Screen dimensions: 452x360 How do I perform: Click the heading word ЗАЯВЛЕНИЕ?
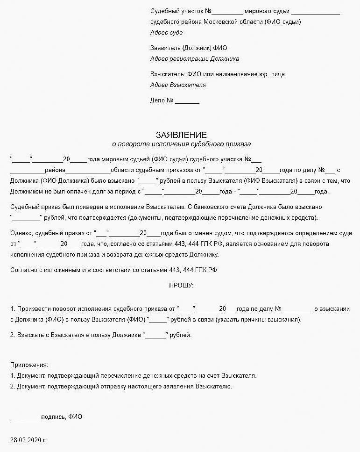pos(181,135)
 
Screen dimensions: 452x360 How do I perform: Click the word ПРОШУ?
pos(181,285)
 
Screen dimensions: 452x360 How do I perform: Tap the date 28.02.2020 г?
pos(28,440)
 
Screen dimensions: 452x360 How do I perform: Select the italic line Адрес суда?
pos(166,33)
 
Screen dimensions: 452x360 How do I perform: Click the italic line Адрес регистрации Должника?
pos(195,59)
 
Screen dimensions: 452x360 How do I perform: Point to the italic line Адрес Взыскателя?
pos(178,85)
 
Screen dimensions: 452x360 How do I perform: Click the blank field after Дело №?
pos(187,100)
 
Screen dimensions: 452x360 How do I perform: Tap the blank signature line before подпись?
pos(26,416)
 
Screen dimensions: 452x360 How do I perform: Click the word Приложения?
pos(29,365)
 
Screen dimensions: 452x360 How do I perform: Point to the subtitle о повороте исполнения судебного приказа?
pos(181,144)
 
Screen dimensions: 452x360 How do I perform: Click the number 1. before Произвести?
pos(13,309)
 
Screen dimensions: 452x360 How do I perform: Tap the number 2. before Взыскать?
pos(13,335)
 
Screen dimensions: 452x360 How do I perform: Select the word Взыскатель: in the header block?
pos(168,74)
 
